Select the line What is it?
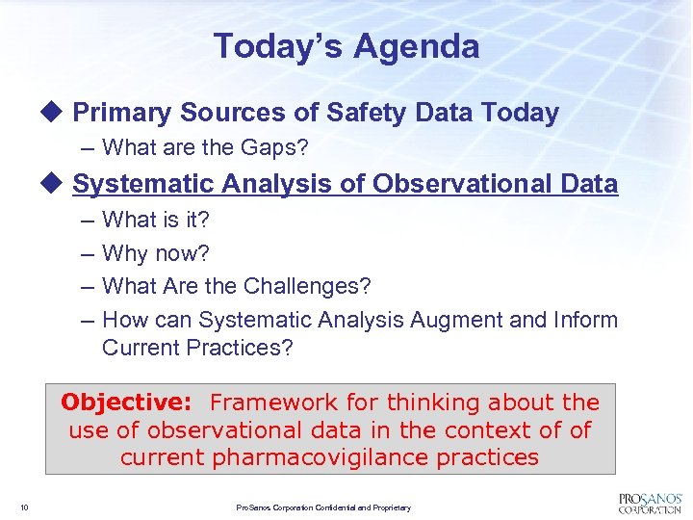coord(155,220)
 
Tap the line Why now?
coord(155,253)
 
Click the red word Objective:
coord(129,403)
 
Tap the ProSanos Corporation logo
coord(649,503)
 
